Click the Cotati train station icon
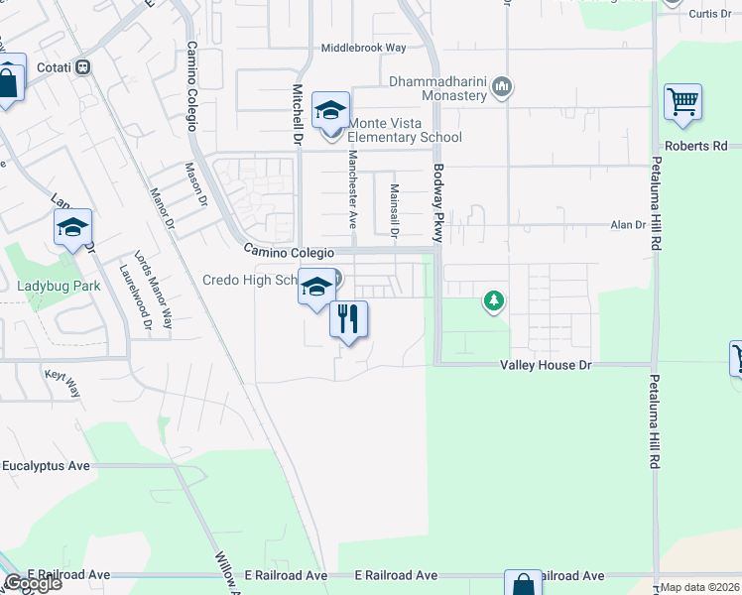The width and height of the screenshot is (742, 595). (84, 66)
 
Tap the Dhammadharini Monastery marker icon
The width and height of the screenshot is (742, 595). (503, 88)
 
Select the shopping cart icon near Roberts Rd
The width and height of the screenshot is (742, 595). (682, 102)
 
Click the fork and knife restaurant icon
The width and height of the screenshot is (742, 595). (348, 319)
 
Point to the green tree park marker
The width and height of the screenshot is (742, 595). (492, 300)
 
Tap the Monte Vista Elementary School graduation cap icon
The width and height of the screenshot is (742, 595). (330, 111)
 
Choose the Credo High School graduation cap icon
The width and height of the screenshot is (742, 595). (316, 288)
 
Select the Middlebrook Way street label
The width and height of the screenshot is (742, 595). (363, 48)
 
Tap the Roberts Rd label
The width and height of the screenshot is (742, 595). (696, 146)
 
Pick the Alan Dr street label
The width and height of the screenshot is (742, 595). (627, 225)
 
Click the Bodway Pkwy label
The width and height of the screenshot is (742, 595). (436, 203)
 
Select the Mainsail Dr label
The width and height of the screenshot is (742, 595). (394, 211)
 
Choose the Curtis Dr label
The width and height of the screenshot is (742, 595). (709, 14)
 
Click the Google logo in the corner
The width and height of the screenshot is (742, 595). (32, 583)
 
